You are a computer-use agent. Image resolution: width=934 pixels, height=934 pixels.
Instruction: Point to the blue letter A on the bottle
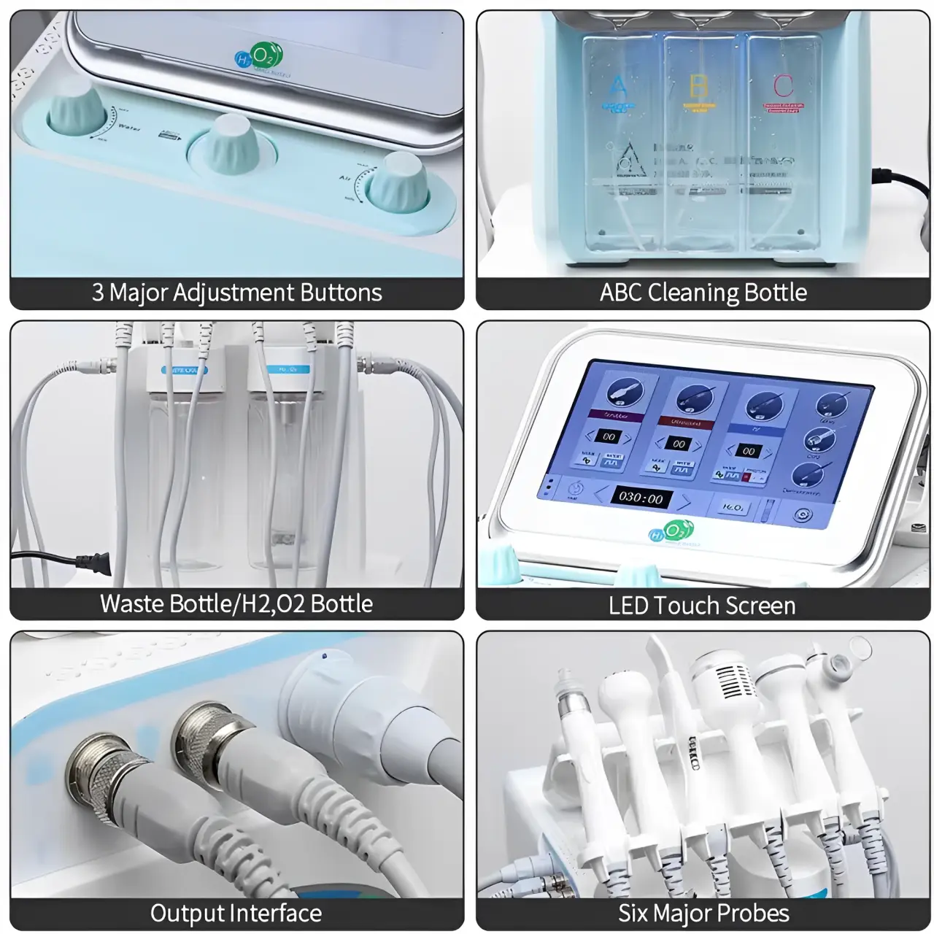(x=617, y=87)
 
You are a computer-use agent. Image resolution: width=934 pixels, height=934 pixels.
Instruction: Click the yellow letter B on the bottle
(x=698, y=85)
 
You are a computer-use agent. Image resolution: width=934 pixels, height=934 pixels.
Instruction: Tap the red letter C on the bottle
(x=782, y=85)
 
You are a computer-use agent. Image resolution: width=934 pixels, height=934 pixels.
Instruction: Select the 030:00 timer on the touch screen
(x=641, y=498)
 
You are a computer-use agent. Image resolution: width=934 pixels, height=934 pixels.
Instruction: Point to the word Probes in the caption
(x=754, y=913)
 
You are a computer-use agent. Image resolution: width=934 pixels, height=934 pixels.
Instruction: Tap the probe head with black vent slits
(x=723, y=682)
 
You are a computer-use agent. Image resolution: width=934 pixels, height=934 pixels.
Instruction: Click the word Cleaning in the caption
(x=682, y=293)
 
